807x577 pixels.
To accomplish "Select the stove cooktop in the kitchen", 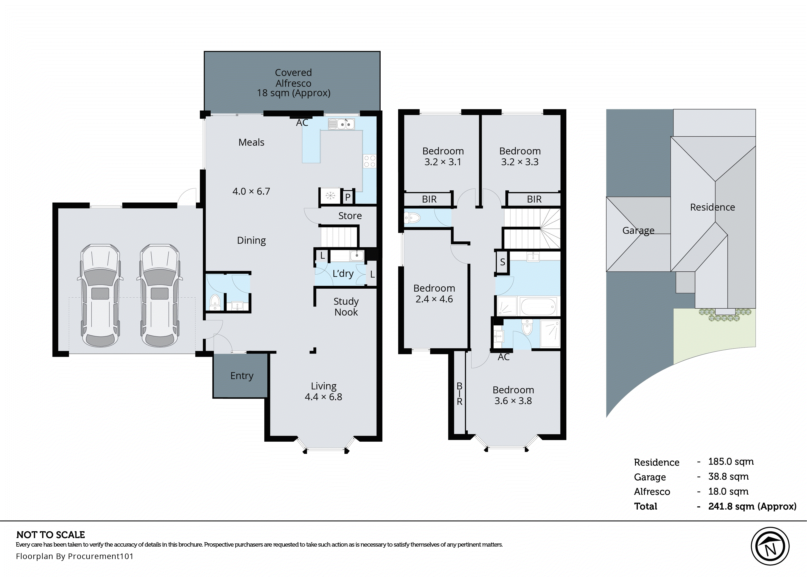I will pos(370,161).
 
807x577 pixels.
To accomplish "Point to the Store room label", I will pos(350,216).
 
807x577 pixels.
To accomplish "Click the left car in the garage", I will pos(100,295).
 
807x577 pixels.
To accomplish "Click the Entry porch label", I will pos(242,376).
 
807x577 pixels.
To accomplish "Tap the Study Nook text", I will pos(346,307).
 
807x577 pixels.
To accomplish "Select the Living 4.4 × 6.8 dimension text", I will pos(323,397).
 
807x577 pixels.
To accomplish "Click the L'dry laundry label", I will pos(343,274).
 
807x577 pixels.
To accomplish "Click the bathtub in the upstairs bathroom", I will pos(537,306).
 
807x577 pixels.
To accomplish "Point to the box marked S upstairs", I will pos(502,262).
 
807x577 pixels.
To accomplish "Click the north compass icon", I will pos(770,546).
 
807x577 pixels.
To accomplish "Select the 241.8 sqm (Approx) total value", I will pos(752,506).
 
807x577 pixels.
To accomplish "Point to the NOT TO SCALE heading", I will pos(50,535).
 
